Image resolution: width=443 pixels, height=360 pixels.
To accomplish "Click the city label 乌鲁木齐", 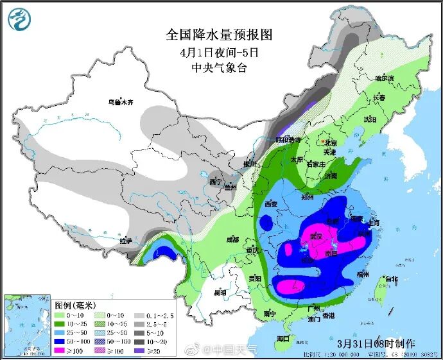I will point(120,101).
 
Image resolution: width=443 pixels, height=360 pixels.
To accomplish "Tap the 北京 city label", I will point(331,142).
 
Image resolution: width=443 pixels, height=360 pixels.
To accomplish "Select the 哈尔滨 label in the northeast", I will point(385,78).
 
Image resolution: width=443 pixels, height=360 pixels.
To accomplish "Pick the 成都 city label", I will point(232,239).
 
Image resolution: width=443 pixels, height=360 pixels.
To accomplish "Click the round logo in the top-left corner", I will point(19,20).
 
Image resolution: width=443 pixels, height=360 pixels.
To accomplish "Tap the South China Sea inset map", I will point(27,325).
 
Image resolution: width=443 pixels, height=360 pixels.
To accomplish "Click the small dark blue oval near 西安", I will point(265,223).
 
